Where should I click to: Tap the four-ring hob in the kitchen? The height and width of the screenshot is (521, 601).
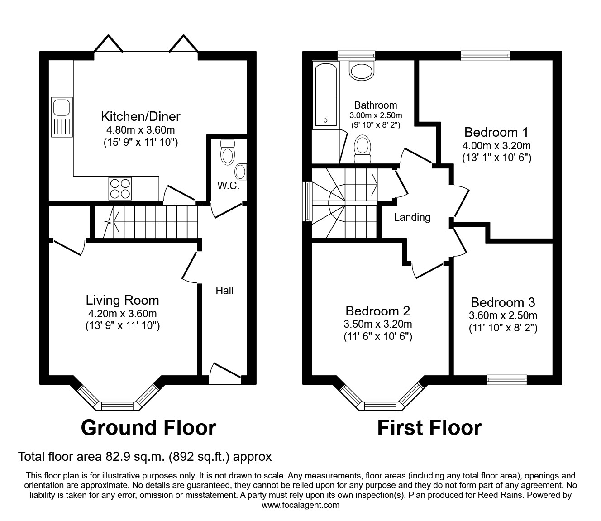[120, 188]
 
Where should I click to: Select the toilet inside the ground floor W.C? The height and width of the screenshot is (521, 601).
[228, 152]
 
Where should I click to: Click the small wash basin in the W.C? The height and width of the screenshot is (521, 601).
[241, 172]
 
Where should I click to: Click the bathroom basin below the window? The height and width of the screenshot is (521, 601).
[362, 70]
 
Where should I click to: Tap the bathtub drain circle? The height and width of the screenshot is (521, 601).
[325, 120]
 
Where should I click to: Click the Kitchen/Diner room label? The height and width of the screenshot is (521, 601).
[140, 116]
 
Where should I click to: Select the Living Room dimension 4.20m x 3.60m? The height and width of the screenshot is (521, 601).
[122, 314]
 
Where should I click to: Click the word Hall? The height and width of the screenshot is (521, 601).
[224, 291]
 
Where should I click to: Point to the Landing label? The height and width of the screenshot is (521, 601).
[412, 217]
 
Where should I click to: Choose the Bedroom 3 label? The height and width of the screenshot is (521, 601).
[503, 302]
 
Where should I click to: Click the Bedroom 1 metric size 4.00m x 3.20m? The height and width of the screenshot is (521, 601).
[496, 146]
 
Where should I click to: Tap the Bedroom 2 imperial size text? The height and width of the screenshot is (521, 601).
[377, 336]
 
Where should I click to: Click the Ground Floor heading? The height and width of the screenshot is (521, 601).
[148, 427]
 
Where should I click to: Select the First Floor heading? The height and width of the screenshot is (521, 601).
[429, 427]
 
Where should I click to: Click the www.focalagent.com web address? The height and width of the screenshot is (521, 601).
[300, 505]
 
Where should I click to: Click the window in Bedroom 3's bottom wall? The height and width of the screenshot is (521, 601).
[507, 380]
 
